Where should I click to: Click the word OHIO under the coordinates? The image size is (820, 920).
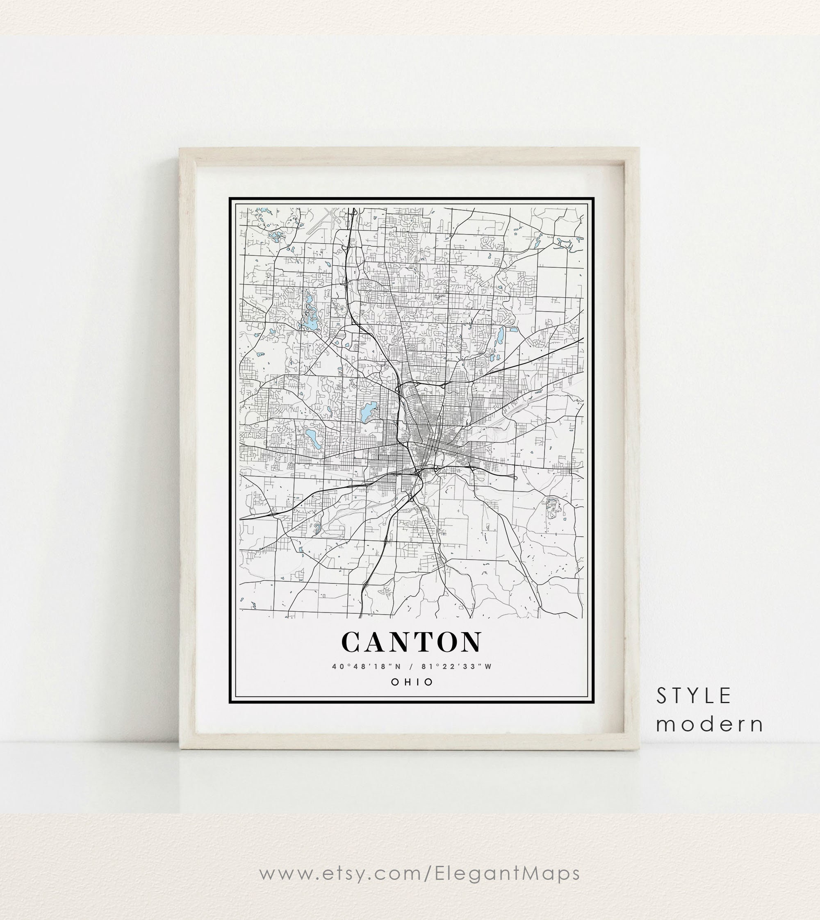point(412,682)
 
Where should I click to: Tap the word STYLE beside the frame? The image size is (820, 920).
point(693,697)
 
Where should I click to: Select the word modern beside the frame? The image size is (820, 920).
point(710,724)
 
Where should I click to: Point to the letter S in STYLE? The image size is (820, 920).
point(661,697)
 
